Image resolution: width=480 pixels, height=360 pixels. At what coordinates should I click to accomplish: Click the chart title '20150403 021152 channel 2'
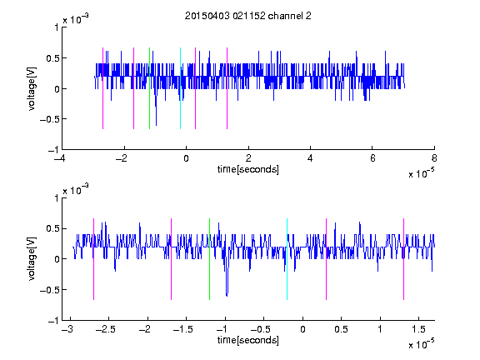point(248,16)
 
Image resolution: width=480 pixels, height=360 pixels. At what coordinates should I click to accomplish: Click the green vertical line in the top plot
point(149,88)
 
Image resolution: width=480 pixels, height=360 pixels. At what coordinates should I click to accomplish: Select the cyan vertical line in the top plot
point(180,88)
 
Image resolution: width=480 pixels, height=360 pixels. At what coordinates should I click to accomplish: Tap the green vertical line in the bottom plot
point(209,259)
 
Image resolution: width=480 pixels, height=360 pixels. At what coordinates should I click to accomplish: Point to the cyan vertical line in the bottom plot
point(287,259)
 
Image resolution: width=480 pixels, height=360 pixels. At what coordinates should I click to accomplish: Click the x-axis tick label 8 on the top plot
point(434,158)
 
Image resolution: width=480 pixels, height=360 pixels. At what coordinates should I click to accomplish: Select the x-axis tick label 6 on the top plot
point(372,158)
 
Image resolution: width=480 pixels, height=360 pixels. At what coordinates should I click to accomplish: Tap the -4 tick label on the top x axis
point(60,158)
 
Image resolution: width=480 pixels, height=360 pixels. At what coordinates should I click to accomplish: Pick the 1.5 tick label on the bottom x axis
point(419,329)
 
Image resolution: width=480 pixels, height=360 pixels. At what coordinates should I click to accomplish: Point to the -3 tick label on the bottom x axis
point(67,329)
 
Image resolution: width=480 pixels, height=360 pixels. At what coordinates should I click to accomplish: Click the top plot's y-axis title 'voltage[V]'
point(32,88)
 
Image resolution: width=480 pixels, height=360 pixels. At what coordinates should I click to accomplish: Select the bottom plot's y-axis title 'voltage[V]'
point(32,259)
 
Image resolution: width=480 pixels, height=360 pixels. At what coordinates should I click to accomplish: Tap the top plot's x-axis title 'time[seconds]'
point(248,169)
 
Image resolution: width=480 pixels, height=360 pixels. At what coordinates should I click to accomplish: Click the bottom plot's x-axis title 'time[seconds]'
point(248,340)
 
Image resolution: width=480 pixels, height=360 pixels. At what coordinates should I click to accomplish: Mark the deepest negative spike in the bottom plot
point(227,296)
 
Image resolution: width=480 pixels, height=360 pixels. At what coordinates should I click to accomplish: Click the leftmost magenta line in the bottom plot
point(93,259)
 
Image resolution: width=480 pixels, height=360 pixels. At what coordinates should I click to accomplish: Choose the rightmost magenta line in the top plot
point(227,88)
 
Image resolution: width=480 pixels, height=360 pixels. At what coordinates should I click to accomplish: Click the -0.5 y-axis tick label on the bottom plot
point(49,290)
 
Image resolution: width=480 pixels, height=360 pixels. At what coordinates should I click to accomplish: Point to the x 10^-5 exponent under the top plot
point(422,173)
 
